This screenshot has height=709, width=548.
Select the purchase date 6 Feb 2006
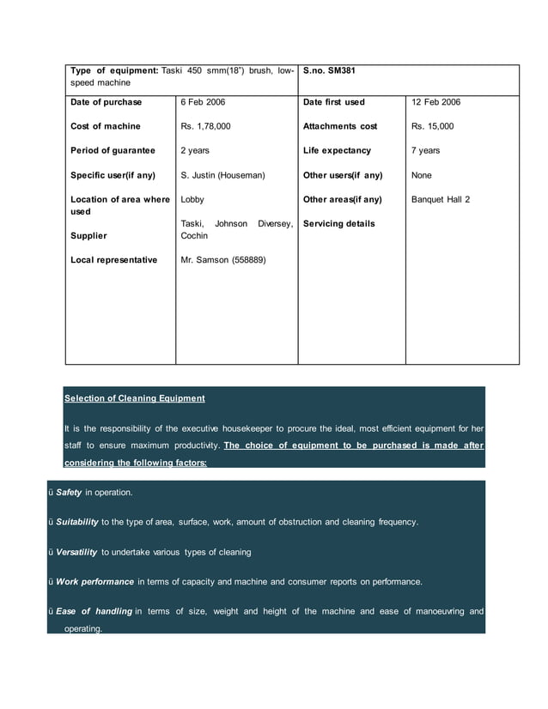point(203,102)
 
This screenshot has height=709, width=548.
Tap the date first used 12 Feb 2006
point(435,102)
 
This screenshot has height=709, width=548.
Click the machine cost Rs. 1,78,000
point(205,126)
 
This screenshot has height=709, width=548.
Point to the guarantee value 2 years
point(195,150)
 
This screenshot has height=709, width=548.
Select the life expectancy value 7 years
point(425,150)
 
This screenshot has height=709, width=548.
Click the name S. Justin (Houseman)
point(222,175)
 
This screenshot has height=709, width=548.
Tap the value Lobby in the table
point(192,199)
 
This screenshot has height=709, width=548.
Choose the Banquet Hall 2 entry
point(441,199)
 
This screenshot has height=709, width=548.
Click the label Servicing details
point(338,224)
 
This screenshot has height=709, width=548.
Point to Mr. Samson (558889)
point(222,259)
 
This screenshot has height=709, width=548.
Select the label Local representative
point(113,259)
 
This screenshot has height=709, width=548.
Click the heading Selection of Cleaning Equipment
point(134,398)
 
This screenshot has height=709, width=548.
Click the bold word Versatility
point(76,551)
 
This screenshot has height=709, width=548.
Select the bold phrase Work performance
point(94,581)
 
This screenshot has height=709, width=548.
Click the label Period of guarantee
point(113,150)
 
